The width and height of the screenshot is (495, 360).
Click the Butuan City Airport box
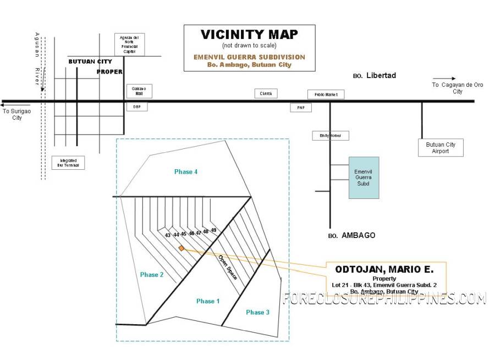tap(441, 148)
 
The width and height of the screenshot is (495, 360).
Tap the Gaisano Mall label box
tap(139, 91)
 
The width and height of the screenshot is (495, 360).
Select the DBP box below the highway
tap(137, 107)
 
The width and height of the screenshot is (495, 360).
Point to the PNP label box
tap(301, 108)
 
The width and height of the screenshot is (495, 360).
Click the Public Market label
tap(326, 95)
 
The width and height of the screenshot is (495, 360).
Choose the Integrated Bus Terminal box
tap(69, 162)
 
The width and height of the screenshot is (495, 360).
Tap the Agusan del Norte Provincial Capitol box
tap(130, 45)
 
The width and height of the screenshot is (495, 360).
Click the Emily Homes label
tap(331, 135)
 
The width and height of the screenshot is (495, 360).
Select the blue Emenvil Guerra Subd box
tap(364, 177)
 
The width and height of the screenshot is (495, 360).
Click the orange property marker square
tap(182, 248)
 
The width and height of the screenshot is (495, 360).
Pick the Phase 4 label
tap(186, 172)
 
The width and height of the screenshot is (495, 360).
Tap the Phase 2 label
tap(151, 274)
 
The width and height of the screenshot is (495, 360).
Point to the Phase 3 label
tap(258, 312)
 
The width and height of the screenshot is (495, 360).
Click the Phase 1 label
tap(208, 301)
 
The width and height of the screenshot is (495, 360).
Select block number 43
tap(168, 235)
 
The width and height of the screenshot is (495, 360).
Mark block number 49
tap(213, 230)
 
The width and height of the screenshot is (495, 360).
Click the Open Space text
tap(228, 268)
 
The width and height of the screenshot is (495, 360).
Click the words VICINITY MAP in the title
tap(249, 35)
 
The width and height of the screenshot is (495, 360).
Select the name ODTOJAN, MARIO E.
tap(384, 269)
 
